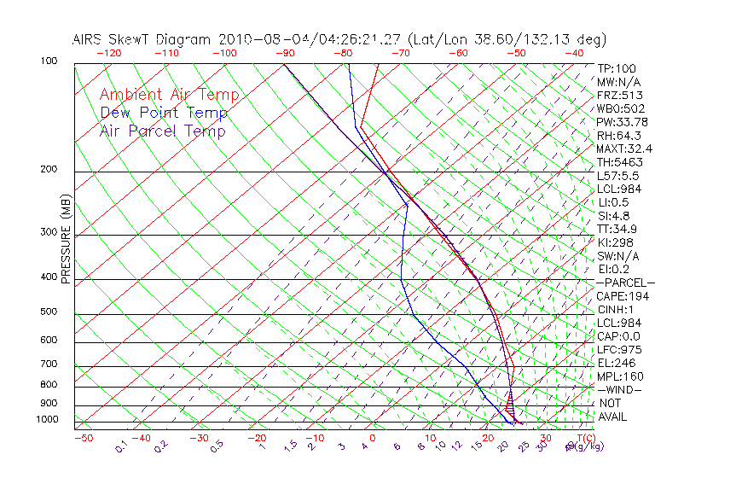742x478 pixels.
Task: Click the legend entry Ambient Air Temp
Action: [x=169, y=95]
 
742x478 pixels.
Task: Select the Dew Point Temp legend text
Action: [x=164, y=113]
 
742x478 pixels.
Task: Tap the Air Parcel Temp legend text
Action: [x=162, y=131]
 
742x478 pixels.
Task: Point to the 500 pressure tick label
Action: [x=49, y=312]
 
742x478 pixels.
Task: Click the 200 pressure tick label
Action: [x=49, y=169]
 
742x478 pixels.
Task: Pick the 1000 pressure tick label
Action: [x=47, y=420]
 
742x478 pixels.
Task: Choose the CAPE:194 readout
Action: [x=623, y=296]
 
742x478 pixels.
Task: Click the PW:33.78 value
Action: [x=623, y=122]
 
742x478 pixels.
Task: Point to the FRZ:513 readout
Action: [x=620, y=95]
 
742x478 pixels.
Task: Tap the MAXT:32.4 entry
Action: [x=625, y=149]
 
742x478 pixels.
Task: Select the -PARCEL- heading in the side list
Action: [x=626, y=283]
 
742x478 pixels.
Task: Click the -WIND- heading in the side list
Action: [x=620, y=389]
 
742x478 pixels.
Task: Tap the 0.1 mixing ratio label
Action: [x=121, y=446]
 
